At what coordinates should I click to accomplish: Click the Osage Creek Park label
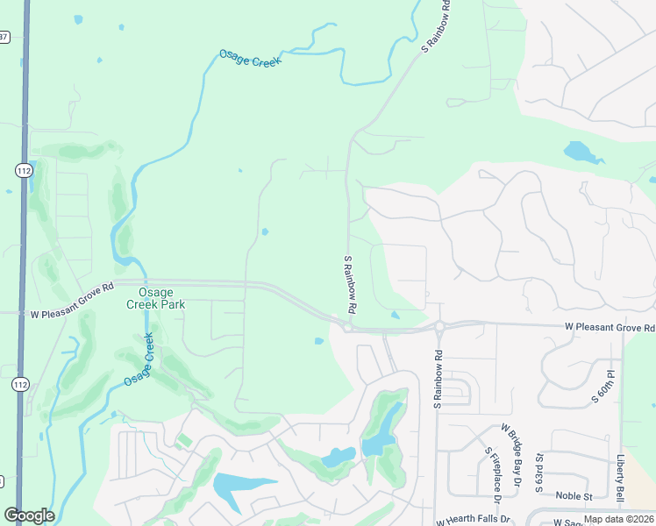point(155,298)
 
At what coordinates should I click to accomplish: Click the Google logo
point(29,515)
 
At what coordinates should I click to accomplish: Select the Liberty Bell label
point(620,479)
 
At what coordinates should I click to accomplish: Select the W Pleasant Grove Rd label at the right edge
point(610,328)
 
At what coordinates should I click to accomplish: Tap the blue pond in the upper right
point(582,153)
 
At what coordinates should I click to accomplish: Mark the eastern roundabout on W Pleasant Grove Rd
point(438,327)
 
